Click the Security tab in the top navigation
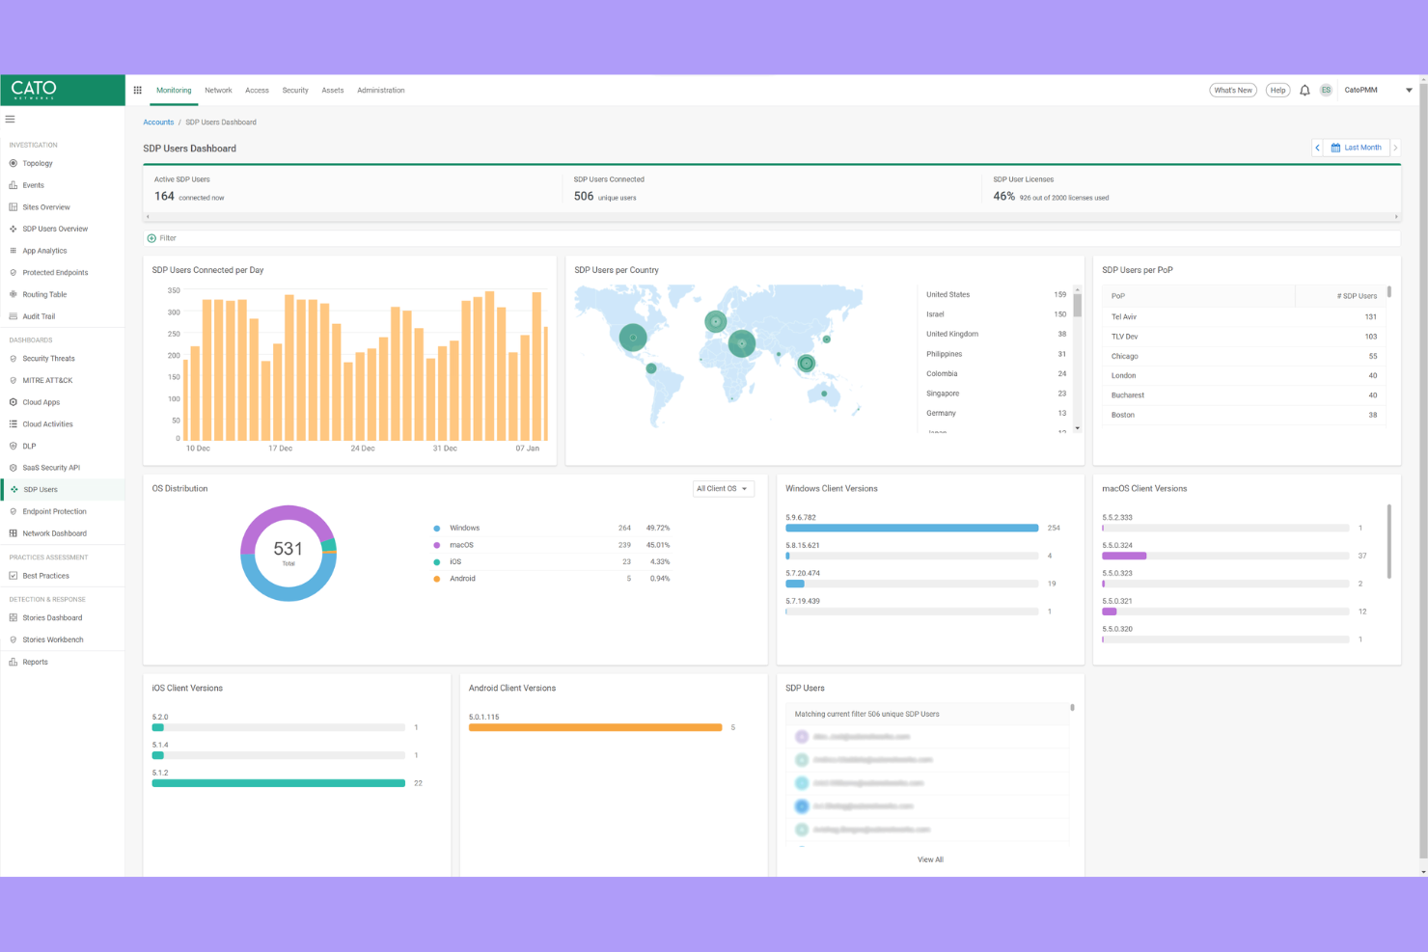[295, 91]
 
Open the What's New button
[1232, 91]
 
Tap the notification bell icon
[1304, 91]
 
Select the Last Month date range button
[1357, 148]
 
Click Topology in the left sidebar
[38, 164]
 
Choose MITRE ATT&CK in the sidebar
[47, 381]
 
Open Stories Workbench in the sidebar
[53, 640]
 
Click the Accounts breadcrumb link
[158, 122]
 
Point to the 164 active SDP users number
[164, 197]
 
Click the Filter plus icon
[151, 238]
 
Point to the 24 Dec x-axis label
[363, 449]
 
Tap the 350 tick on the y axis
[174, 290]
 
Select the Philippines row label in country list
[944, 354]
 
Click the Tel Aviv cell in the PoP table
[1124, 317]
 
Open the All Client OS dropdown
[723, 489]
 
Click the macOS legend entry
[461, 545]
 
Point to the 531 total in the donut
[288, 549]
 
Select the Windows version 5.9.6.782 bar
[912, 529]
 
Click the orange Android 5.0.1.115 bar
[595, 727]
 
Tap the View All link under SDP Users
[930, 859]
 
